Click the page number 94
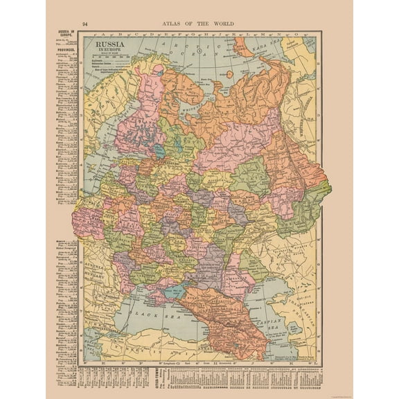click(85, 24)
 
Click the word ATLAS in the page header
click(173, 24)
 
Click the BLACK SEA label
click(157, 315)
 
